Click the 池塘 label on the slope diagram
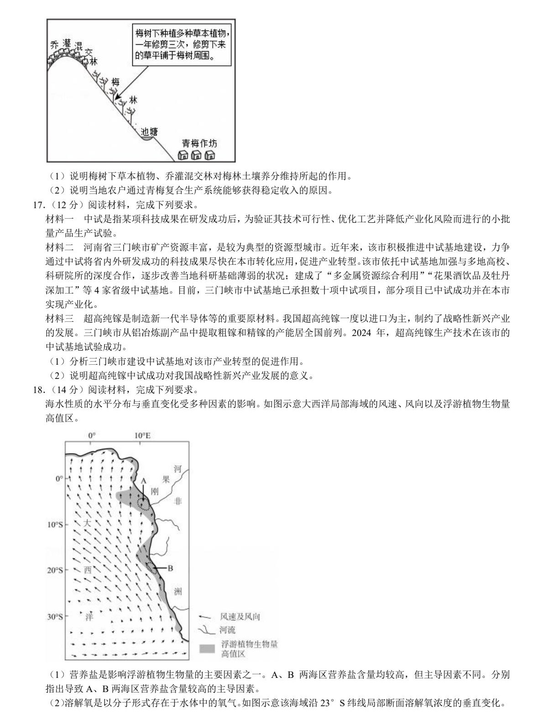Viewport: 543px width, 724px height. [x=150, y=132]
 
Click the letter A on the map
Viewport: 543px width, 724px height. [x=143, y=480]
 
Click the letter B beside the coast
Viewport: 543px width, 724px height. [x=170, y=568]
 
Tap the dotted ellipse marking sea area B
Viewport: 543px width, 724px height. [x=152, y=568]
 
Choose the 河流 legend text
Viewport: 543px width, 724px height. [x=227, y=630]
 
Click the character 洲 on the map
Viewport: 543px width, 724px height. [x=178, y=592]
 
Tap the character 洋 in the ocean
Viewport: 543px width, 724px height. [x=89, y=617]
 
